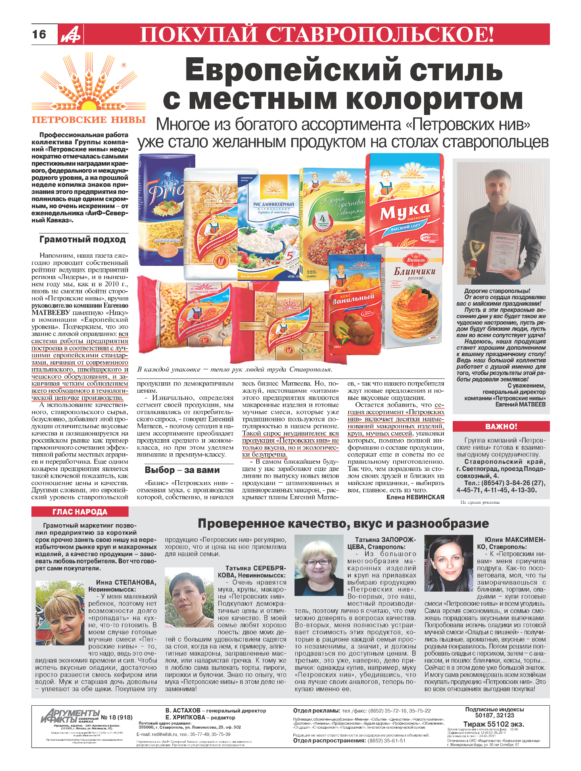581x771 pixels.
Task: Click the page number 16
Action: point(39,34)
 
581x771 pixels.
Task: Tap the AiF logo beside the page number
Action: point(71,34)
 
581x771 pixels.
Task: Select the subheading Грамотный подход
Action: point(83,240)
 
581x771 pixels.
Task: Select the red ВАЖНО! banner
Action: point(501,427)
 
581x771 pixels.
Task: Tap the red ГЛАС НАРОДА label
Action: point(80,512)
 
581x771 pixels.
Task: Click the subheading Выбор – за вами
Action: point(182,470)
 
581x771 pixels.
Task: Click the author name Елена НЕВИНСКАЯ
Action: point(415,497)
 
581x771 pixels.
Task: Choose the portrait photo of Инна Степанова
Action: point(60,613)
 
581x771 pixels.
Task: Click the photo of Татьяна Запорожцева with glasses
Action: point(319,565)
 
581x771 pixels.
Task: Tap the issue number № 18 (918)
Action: point(117,717)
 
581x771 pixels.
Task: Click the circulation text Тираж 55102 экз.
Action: point(493,723)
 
